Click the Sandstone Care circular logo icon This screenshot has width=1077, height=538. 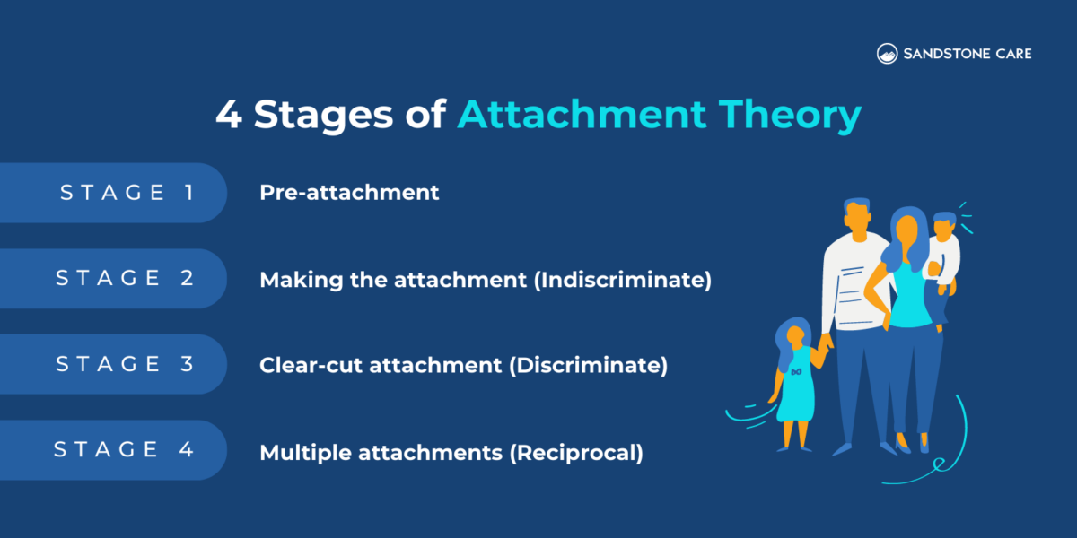pyautogui.click(x=887, y=54)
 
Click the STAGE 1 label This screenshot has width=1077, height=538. pyautogui.click(x=127, y=192)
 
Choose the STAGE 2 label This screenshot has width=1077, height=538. pyautogui.click(x=125, y=278)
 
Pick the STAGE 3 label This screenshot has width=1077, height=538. pyautogui.click(x=125, y=364)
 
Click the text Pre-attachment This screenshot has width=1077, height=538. pyautogui.click(x=349, y=192)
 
